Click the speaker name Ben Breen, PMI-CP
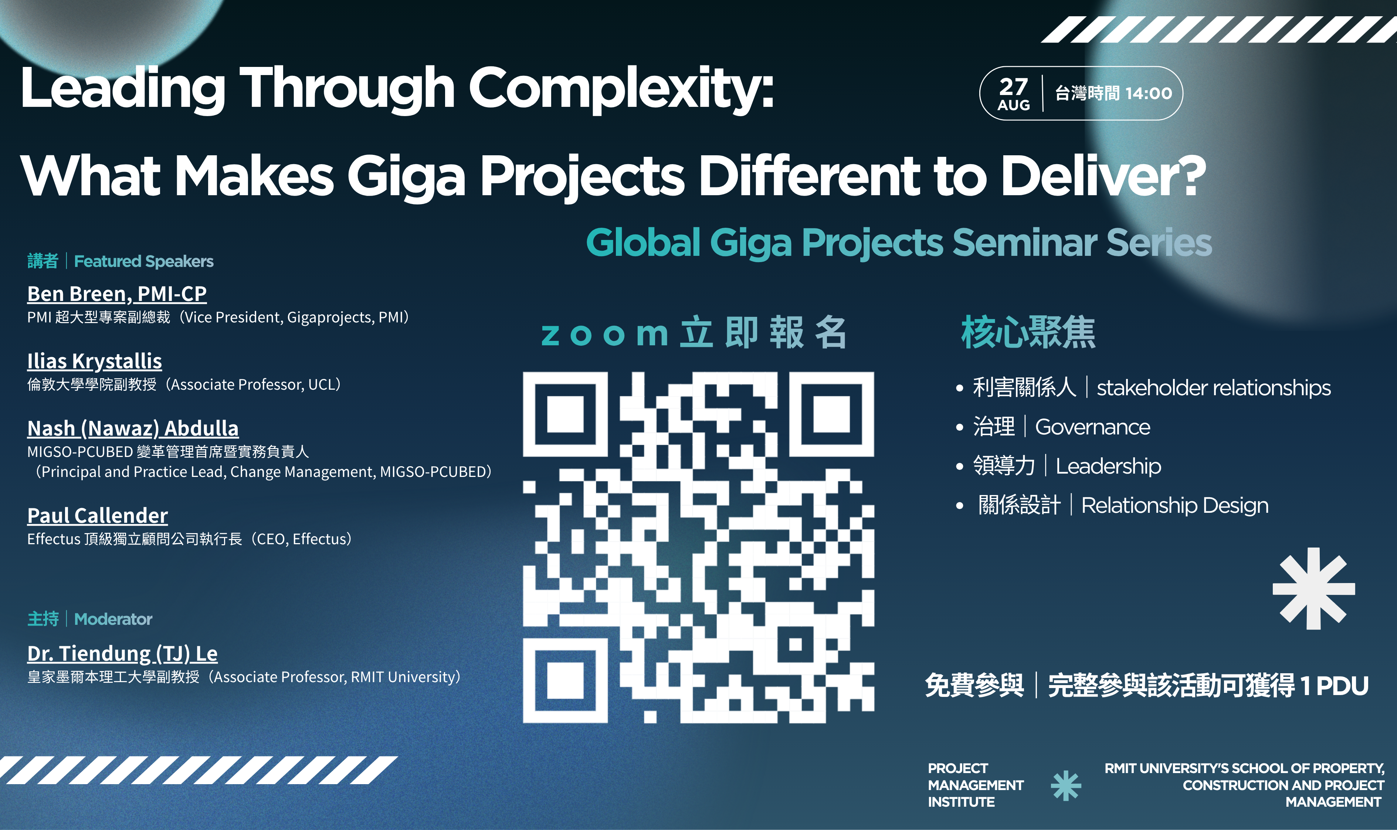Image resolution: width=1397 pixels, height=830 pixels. (x=117, y=294)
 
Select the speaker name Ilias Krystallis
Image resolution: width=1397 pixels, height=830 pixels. (x=95, y=361)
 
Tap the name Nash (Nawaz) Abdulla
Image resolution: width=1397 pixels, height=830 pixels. (x=133, y=428)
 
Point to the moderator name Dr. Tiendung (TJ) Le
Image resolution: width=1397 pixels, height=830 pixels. (x=122, y=654)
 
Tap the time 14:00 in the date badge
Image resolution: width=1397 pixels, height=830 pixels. (x=1149, y=94)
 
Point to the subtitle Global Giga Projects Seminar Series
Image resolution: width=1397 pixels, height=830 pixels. (x=899, y=243)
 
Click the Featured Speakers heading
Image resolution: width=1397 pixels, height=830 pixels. (x=144, y=261)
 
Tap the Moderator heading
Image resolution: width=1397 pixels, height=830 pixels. (x=113, y=619)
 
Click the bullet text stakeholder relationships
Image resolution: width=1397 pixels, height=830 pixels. (x=1214, y=387)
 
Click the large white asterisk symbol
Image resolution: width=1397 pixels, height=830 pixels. (x=1314, y=588)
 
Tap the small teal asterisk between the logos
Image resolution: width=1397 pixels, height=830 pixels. (x=1066, y=785)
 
